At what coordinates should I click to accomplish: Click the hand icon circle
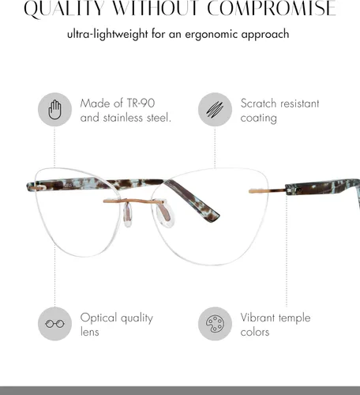pos(54,110)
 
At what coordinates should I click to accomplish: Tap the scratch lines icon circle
pos(215,110)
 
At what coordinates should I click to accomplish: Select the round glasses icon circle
pos(54,324)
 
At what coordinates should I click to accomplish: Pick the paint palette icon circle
pos(215,324)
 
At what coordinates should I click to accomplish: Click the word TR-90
pos(141,103)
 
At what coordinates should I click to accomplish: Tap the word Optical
pos(99,318)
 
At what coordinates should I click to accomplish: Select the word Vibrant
pos(257,318)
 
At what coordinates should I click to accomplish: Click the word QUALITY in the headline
pos(64,9)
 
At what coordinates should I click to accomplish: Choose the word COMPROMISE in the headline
pos(272,8)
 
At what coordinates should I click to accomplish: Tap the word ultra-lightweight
pos(107,35)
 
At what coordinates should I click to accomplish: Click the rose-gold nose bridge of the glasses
pos(134,201)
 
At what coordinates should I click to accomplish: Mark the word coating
pos(258,118)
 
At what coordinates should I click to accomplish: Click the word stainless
pos(123,118)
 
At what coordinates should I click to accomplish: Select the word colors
pos(255,332)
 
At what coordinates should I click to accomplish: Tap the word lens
pos(90,332)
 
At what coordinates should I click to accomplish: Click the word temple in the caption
pos(294,318)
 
